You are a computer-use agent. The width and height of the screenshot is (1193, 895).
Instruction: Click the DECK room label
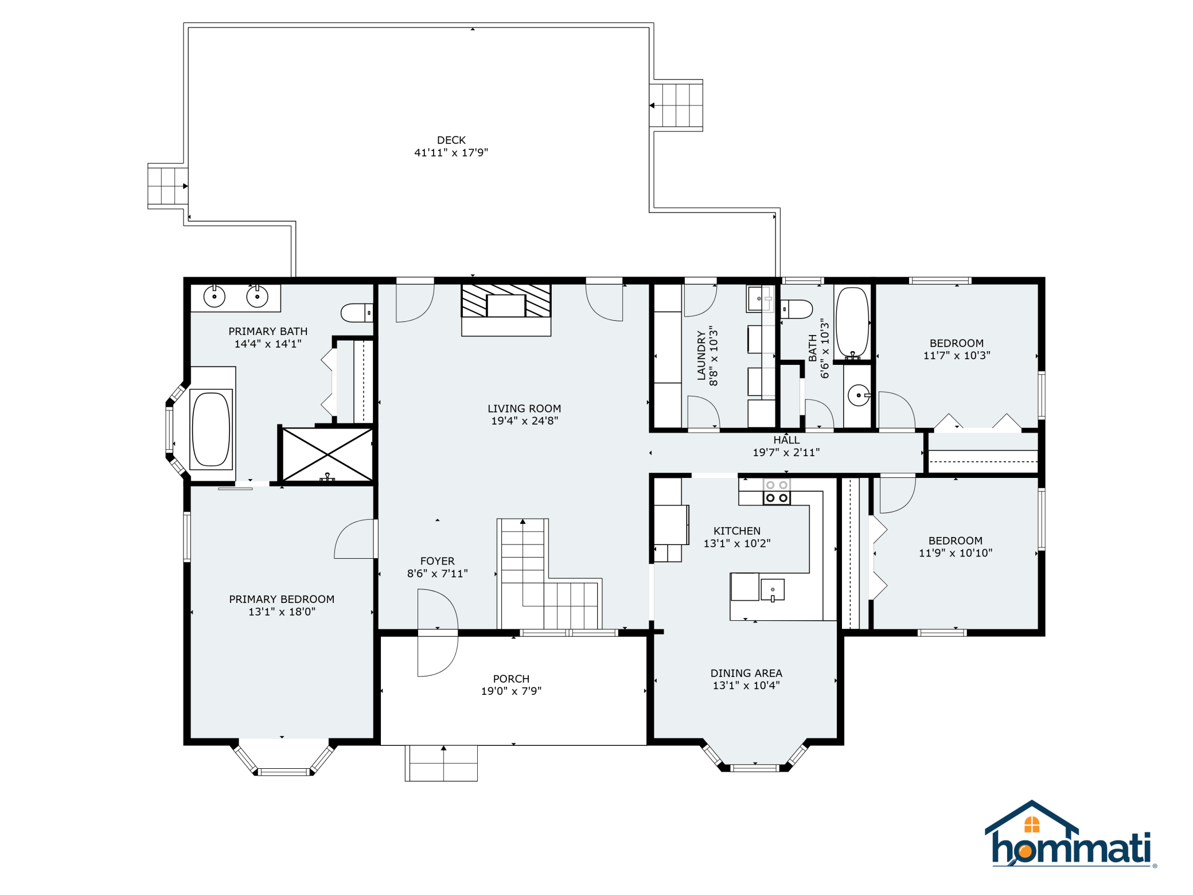point(451,140)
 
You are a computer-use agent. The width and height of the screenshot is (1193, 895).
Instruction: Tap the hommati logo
point(1070,834)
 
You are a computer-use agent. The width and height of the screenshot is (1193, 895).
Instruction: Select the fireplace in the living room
point(506,309)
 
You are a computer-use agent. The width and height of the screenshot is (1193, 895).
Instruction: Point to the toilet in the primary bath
point(357,313)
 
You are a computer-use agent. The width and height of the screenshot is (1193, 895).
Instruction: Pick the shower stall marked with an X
point(328,454)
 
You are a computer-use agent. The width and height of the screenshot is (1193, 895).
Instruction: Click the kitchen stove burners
point(777,492)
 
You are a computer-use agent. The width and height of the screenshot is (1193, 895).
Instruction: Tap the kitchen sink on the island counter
point(773,590)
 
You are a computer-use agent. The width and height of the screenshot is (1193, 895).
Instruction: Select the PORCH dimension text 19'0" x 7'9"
point(511,691)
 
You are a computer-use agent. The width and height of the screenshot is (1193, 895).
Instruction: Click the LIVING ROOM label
point(524,408)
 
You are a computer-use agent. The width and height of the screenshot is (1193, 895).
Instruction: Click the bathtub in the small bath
point(852,323)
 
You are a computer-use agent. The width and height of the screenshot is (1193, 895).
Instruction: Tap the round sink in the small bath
point(859,395)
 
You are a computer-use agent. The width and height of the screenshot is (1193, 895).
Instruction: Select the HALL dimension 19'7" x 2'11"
point(786,452)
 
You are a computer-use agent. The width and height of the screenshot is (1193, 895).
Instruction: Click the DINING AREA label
point(746,673)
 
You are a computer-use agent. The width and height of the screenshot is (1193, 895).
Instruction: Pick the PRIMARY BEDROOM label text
point(282,599)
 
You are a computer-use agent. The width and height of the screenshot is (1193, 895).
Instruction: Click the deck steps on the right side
point(676,106)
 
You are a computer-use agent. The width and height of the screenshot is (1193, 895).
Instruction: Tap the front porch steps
point(441,763)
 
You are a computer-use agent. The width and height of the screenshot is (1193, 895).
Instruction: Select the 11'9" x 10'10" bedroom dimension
point(956,553)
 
